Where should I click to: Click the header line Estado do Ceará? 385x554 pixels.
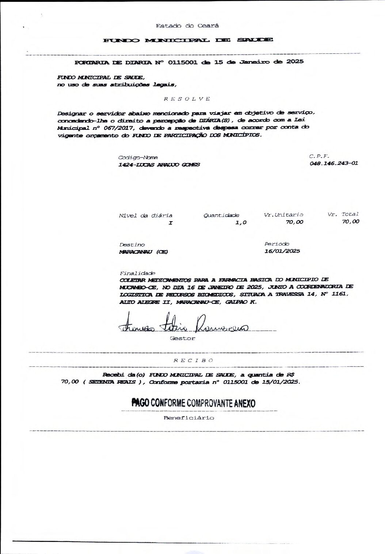click(x=187, y=26)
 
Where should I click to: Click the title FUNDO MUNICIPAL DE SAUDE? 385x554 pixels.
click(x=188, y=40)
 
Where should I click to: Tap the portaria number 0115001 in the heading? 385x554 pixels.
click(x=182, y=62)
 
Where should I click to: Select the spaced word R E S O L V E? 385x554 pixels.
click(x=187, y=99)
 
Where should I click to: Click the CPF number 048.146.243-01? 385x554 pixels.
click(x=333, y=163)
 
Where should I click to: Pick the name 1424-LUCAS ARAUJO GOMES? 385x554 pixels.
click(x=159, y=165)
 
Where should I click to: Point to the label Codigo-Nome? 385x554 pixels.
click(x=138, y=157)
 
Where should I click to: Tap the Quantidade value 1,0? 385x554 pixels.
click(x=241, y=222)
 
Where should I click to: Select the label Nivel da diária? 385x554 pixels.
click(x=145, y=215)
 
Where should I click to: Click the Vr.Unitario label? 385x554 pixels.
click(x=283, y=215)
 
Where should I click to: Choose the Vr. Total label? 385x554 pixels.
click(x=343, y=214)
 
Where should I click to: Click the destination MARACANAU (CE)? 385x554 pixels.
click(x=143, y=252)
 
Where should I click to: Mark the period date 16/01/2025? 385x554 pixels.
click(x=282, y=251)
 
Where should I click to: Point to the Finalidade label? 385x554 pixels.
click(x=137, y=273)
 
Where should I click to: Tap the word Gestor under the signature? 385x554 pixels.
click(x=182, y=339)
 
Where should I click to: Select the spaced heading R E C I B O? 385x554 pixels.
click(x=193, y=360)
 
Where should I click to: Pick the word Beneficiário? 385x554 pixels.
click(x=188, y=418)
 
